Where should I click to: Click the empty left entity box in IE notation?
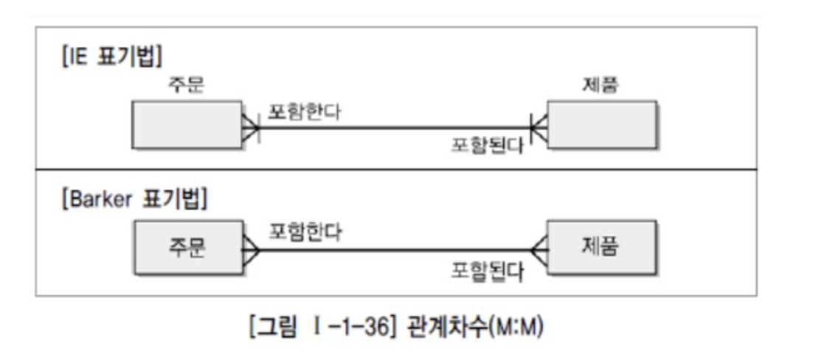pos(188,125)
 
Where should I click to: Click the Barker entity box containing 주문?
pos(188,248)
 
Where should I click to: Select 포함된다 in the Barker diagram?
pos(487,270)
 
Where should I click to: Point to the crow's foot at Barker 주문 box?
pos(252,249)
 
